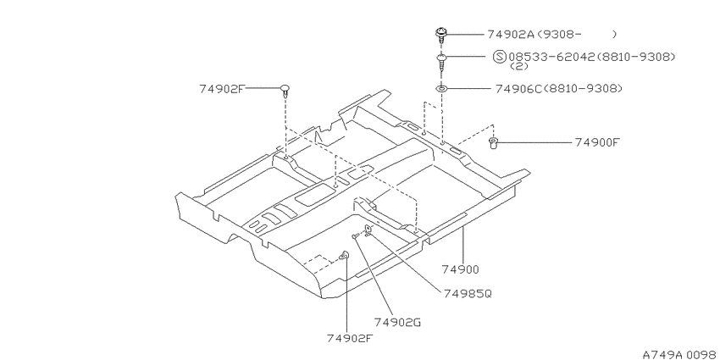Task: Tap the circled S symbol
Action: coord(500,57)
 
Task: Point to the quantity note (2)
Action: coord(519,66)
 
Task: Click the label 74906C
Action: coord(519,88)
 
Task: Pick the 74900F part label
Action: coord(597,142)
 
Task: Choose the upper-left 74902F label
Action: coord(222,89)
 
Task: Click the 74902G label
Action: coord(397,323)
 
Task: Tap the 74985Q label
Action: coord(468,293)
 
